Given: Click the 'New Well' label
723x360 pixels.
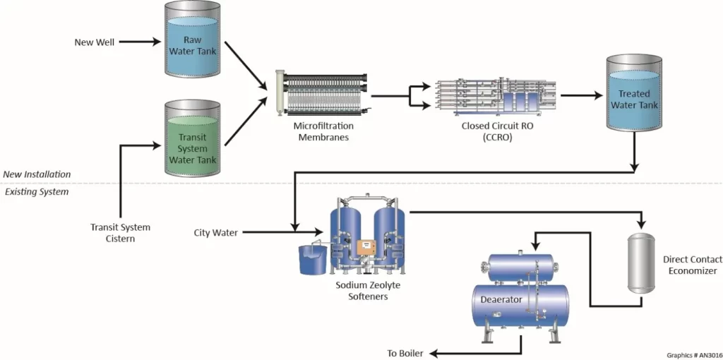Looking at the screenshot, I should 94,42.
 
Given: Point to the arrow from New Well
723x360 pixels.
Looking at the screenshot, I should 141,42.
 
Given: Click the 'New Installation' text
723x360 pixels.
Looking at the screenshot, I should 37,174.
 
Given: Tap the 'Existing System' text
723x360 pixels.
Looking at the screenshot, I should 37,191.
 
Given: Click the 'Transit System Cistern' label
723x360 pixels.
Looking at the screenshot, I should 120,233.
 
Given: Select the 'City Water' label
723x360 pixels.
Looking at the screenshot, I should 215,232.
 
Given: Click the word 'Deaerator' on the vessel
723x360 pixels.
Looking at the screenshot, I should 501,299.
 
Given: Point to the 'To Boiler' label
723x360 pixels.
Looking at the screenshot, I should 405,353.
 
